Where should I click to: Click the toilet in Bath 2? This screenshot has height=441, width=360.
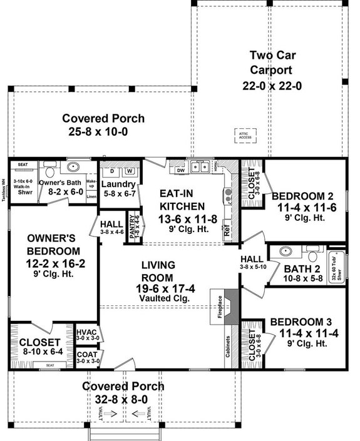[311, 255]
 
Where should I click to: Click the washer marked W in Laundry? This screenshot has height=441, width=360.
[130, 170]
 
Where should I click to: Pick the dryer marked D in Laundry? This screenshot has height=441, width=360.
[113, 170]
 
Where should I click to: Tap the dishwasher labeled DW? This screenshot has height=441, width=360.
[181, 169]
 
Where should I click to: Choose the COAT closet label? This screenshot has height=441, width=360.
[85, 357]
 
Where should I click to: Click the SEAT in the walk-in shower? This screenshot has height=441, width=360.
[23, 165]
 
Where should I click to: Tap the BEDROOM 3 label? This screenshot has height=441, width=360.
[304, 322]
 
